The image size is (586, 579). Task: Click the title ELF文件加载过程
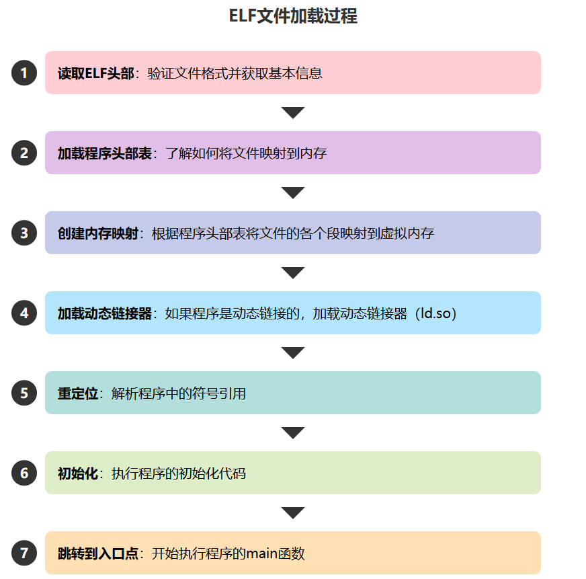[293, 16]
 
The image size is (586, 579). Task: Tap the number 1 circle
[24, 73]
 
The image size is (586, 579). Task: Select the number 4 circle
[24, 313]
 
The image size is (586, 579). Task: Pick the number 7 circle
[24, 553]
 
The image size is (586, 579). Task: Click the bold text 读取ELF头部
[96, 73]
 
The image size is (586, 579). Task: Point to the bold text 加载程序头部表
[104, 153]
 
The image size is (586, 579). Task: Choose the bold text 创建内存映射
[97, 233]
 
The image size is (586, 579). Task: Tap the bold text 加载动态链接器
[105, 313]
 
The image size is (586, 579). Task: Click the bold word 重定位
[77, 393]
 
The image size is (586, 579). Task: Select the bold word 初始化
[77, 473]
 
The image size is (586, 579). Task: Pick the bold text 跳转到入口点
[97, 554]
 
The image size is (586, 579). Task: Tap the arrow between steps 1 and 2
[293, 112]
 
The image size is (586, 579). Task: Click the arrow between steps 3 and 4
[293, 272]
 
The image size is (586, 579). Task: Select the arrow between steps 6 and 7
[293, 512]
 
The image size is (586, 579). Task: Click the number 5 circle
[24, 393]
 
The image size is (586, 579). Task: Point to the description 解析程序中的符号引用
[179, 393]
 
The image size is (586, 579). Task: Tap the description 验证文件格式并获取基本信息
[235, 73]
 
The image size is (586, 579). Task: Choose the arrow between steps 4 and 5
[293, 352]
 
